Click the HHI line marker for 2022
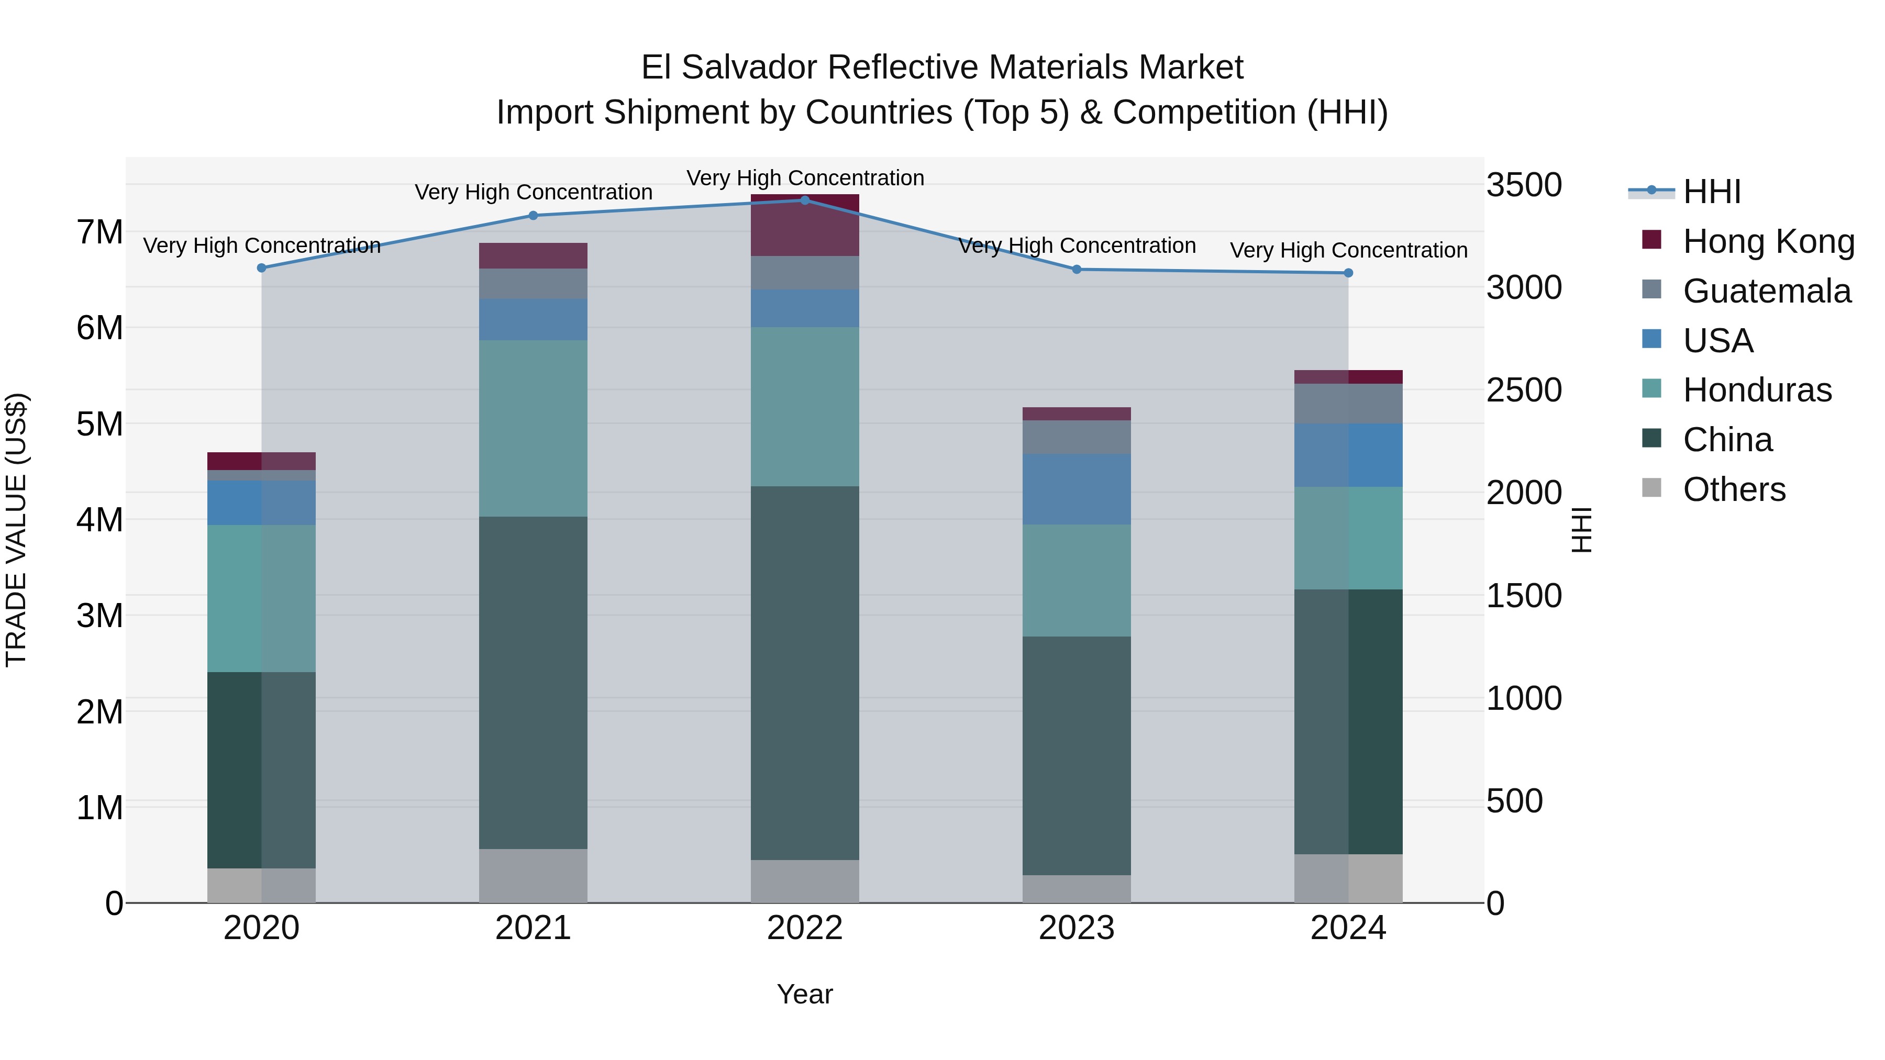tap(805, 200)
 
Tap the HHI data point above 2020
tap(261, 267)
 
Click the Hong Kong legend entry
tap(1768, 241)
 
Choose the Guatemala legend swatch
tap(1651, 289)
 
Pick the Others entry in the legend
tap(1734, 489)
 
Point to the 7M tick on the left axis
tap(99, 232)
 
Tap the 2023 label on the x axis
tap(1077, 928)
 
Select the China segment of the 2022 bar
tap(805, 673)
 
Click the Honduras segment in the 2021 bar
tap(533, 428)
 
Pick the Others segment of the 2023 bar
tap(1077, 888)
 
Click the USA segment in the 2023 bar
tap(1077, 489)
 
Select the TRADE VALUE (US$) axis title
tap(16, 530)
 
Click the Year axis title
tap(804, 994)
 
